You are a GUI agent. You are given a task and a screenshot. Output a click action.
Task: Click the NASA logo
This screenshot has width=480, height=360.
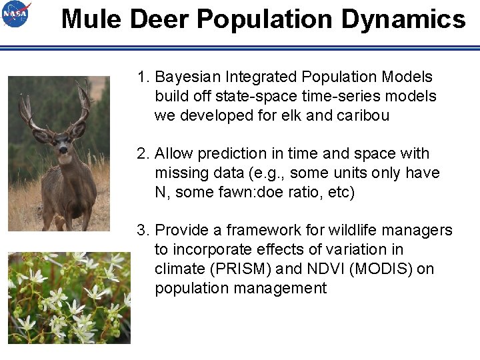[x=16, y=14]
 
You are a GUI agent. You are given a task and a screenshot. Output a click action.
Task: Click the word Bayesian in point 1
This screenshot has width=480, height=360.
[x=187, y=77]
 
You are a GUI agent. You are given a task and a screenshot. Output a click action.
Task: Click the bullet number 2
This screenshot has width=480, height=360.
[x=143, y=154]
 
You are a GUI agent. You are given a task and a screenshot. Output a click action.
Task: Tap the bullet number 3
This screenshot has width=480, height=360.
[x=143, y=231]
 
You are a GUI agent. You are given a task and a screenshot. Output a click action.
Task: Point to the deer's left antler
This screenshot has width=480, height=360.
[x=83, y=103]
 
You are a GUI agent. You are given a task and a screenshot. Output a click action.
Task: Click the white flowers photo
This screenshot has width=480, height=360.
[x=69, y=297]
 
